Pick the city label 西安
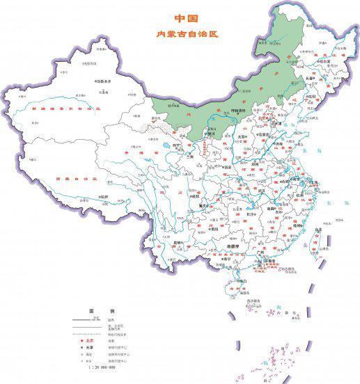pos(226,167)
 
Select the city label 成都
pos(187,197)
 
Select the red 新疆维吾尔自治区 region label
pos(61,109)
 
